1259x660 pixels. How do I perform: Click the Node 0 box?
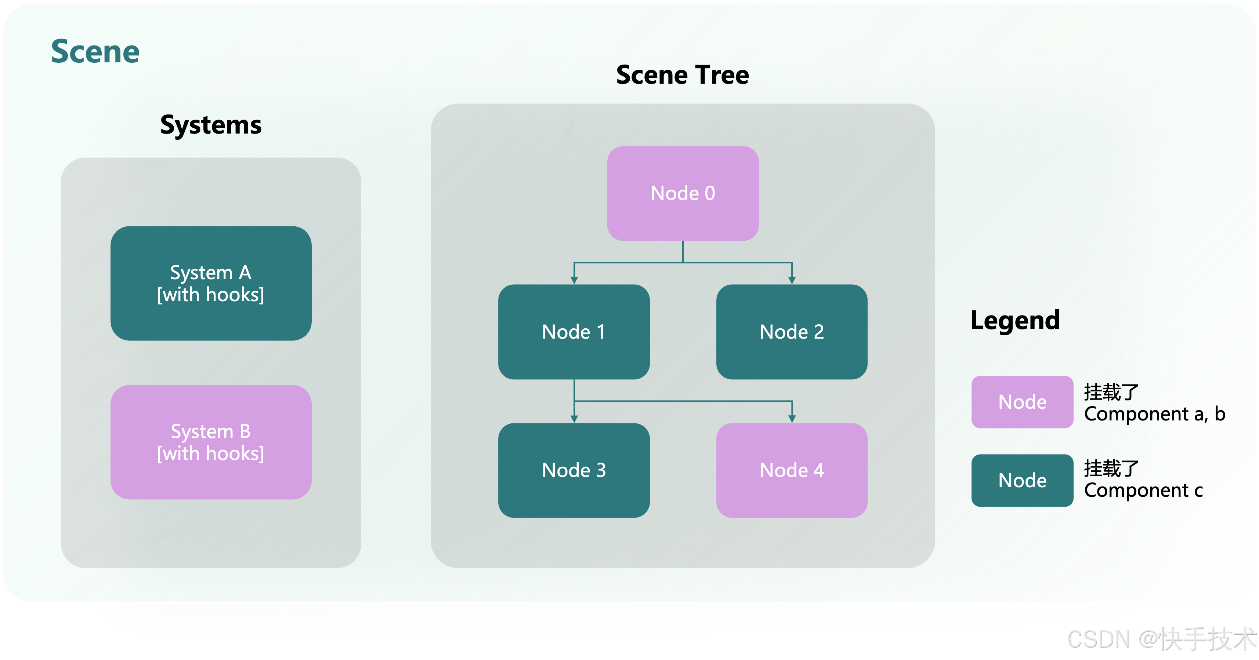point(683,193)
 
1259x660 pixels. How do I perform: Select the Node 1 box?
point(574,332)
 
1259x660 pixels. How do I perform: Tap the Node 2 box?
point(792,332)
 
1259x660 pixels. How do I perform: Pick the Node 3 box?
point(574,470)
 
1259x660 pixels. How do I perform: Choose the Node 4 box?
point(792,470)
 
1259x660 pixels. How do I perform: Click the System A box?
point(211,283)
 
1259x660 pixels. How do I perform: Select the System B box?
point(211,442)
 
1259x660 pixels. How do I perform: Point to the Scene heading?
point(95,52)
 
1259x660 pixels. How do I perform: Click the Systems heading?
point(211,125)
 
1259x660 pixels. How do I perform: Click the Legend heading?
point(1015,321)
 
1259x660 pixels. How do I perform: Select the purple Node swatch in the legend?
point(1022,402)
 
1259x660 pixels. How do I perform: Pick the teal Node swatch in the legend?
point(1022,481)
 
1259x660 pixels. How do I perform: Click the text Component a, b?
point(1154,414)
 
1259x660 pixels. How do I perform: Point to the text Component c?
point(1143,491)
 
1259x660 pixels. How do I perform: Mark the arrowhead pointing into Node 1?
point(574,280)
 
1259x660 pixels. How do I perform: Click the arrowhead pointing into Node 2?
point(792,280)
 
